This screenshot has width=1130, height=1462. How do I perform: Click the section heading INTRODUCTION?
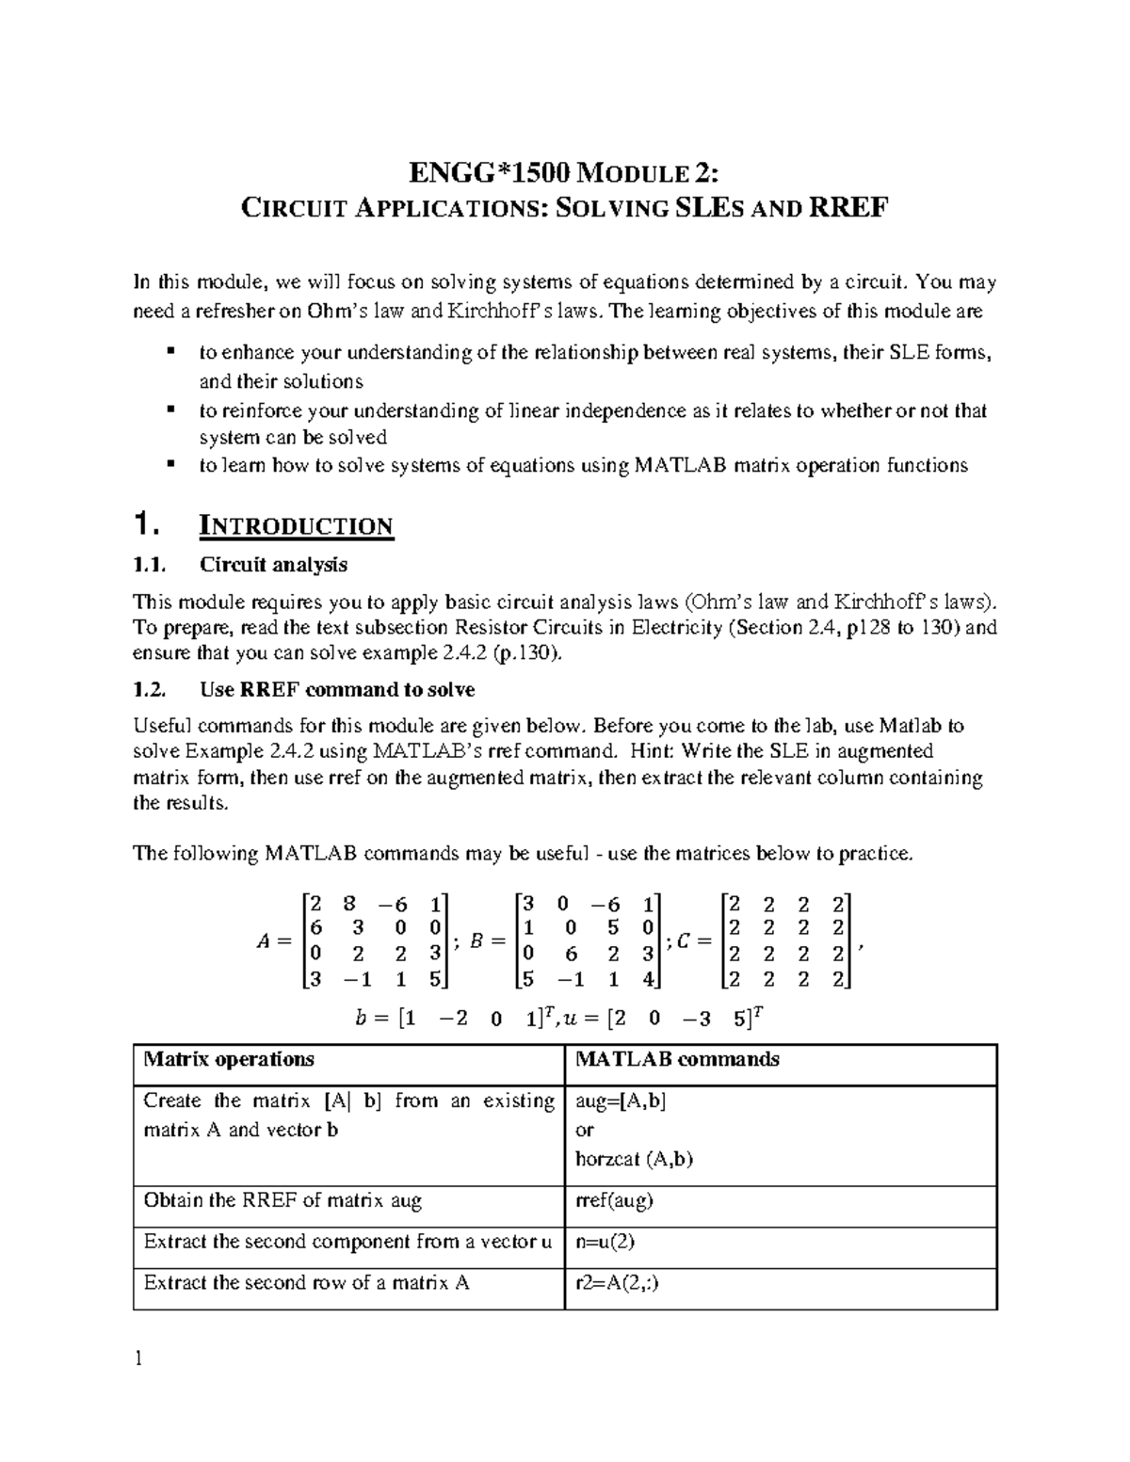point(296,525)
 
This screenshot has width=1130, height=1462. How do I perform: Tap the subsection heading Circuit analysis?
point(273,565)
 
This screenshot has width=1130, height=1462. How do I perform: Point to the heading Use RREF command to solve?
point(337,690)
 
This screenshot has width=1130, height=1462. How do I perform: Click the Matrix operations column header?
point(229,1059)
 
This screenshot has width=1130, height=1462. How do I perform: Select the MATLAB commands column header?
point(677,1059)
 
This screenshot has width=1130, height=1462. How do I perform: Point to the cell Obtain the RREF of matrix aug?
point(282,1200)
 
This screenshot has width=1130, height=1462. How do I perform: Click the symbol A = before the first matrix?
point(272,940)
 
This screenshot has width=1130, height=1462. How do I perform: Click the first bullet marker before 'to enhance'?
point(170,352)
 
